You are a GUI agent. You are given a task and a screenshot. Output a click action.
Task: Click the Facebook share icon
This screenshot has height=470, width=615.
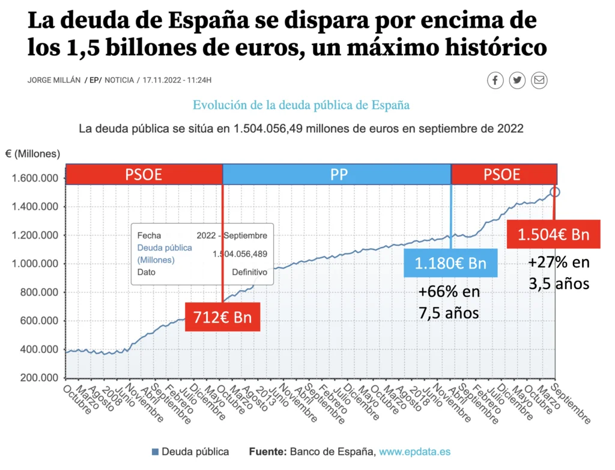point(495,80)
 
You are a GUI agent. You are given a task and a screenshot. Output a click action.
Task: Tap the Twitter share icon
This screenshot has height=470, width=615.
point(517,80)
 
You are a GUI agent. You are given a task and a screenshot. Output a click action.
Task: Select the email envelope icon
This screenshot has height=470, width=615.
point(539,80)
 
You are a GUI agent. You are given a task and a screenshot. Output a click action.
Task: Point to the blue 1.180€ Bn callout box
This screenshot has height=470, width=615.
point(450,263)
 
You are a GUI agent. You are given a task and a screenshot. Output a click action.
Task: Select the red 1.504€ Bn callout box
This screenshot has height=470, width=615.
point(554,234)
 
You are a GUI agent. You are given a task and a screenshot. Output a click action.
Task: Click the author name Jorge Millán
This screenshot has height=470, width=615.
point(53,80)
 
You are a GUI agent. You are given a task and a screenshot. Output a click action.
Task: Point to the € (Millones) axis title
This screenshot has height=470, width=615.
point(33,154)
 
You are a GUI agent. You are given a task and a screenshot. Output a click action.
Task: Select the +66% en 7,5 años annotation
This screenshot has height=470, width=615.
point(449,303)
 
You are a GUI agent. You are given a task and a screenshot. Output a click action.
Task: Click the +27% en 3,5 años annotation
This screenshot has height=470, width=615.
point(559,273)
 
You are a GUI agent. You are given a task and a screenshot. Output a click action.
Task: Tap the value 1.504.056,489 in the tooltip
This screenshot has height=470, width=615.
point(240,254)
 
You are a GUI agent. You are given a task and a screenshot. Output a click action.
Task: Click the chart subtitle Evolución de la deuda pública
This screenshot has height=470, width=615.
point(301,105)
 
